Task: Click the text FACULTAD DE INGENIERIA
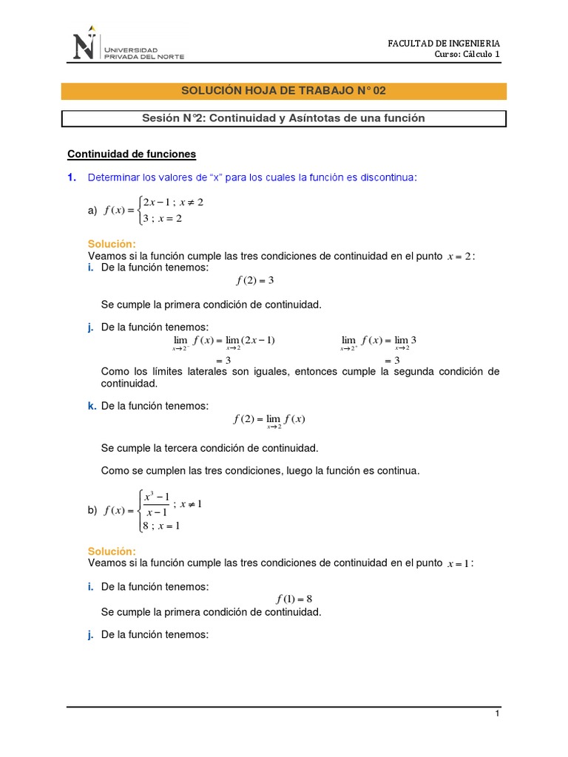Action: click(444, 44)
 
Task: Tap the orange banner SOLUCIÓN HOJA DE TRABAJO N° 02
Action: click(283, 91)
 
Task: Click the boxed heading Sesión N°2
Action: click(283, 118)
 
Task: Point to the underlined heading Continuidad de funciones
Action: click(132, 154)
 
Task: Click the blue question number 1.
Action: click(71, 177)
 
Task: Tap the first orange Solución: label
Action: click(112, 244)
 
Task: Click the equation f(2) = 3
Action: click(255, 280)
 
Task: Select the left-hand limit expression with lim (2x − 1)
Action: click(223, 341)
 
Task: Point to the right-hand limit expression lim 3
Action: click(379, 341)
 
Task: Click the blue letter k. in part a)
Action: click(92, 406)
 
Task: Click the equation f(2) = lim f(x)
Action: click(269, 420)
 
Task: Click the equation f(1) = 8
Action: click(294, 599)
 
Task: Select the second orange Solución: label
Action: click(112, 551)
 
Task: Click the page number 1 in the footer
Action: click(498, 713)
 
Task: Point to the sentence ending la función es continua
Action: click(260, 471)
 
